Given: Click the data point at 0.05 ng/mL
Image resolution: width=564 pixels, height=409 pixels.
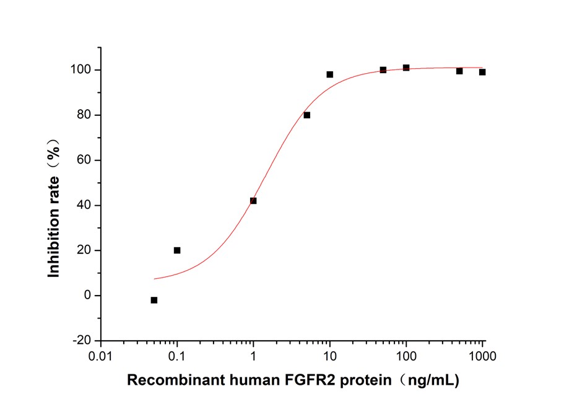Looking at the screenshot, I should (x=154, y=300).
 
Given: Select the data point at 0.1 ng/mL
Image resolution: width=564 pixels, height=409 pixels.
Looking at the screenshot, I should (x=177, y=250).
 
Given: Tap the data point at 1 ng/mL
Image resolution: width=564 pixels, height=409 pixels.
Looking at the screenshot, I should (x=253, y=201).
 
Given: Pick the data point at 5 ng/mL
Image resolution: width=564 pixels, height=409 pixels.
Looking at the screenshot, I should (x=307, y=115).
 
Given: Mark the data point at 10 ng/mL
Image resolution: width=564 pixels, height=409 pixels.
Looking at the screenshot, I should (x=330, y=74).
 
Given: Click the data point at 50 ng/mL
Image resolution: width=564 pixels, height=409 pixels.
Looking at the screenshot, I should (x=383, y=70).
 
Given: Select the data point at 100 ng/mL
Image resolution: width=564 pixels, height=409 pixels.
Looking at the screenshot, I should (x=406, y=68).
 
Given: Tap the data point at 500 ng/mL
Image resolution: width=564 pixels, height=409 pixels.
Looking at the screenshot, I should (x=459, y=71).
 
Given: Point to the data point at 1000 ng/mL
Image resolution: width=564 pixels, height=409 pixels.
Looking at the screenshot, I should (x=482, y=72).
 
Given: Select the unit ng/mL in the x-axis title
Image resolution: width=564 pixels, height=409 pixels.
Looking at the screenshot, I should (x=431, y=380).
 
